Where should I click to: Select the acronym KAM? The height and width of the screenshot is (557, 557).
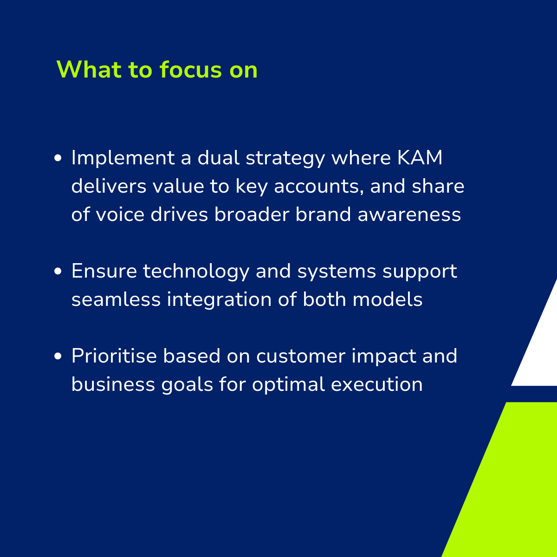pyautogui.click(x=420, y=158)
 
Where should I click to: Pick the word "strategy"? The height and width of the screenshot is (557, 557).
pyautogui.click(x=285, y=160)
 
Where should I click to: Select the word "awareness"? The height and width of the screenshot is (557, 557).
pyautogui.click(x=409, y=215)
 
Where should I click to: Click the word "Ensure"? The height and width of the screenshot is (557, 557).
pyautogui.click(x=104, y=271)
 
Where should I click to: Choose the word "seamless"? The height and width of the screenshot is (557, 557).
pyautogui.click(x=116, y=299)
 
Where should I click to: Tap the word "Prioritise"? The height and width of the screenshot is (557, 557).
pyautogui.click(x=114, y=356)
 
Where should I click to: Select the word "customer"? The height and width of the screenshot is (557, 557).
pyautogui.click(x=301, y=357)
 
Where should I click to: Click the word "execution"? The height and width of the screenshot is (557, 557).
pyautogui.click(x=376, y=385)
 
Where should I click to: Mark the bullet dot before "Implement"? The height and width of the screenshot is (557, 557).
pyautogui.click(x=58, y=158)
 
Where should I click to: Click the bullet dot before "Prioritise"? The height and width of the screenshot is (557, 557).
pyautogui.click(x=58, y=356)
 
